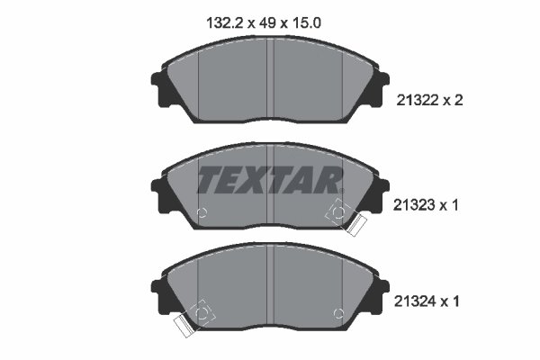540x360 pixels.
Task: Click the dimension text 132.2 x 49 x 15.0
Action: [x=264, y=23]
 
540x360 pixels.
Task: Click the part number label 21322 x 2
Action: [x=430, y=101]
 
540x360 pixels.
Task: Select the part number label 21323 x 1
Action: [x=426, y=205]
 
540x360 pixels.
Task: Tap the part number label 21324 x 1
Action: [x=427, y=301]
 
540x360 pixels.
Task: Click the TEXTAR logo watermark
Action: [x=270, y=179]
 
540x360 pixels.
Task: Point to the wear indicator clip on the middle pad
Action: [x=346, y=218]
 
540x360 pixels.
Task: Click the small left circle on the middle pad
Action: [x=202, y=212]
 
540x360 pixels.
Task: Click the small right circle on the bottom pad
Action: [x=339, y=313]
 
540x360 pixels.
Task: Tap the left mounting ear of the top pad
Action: [x=159, y=89]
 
